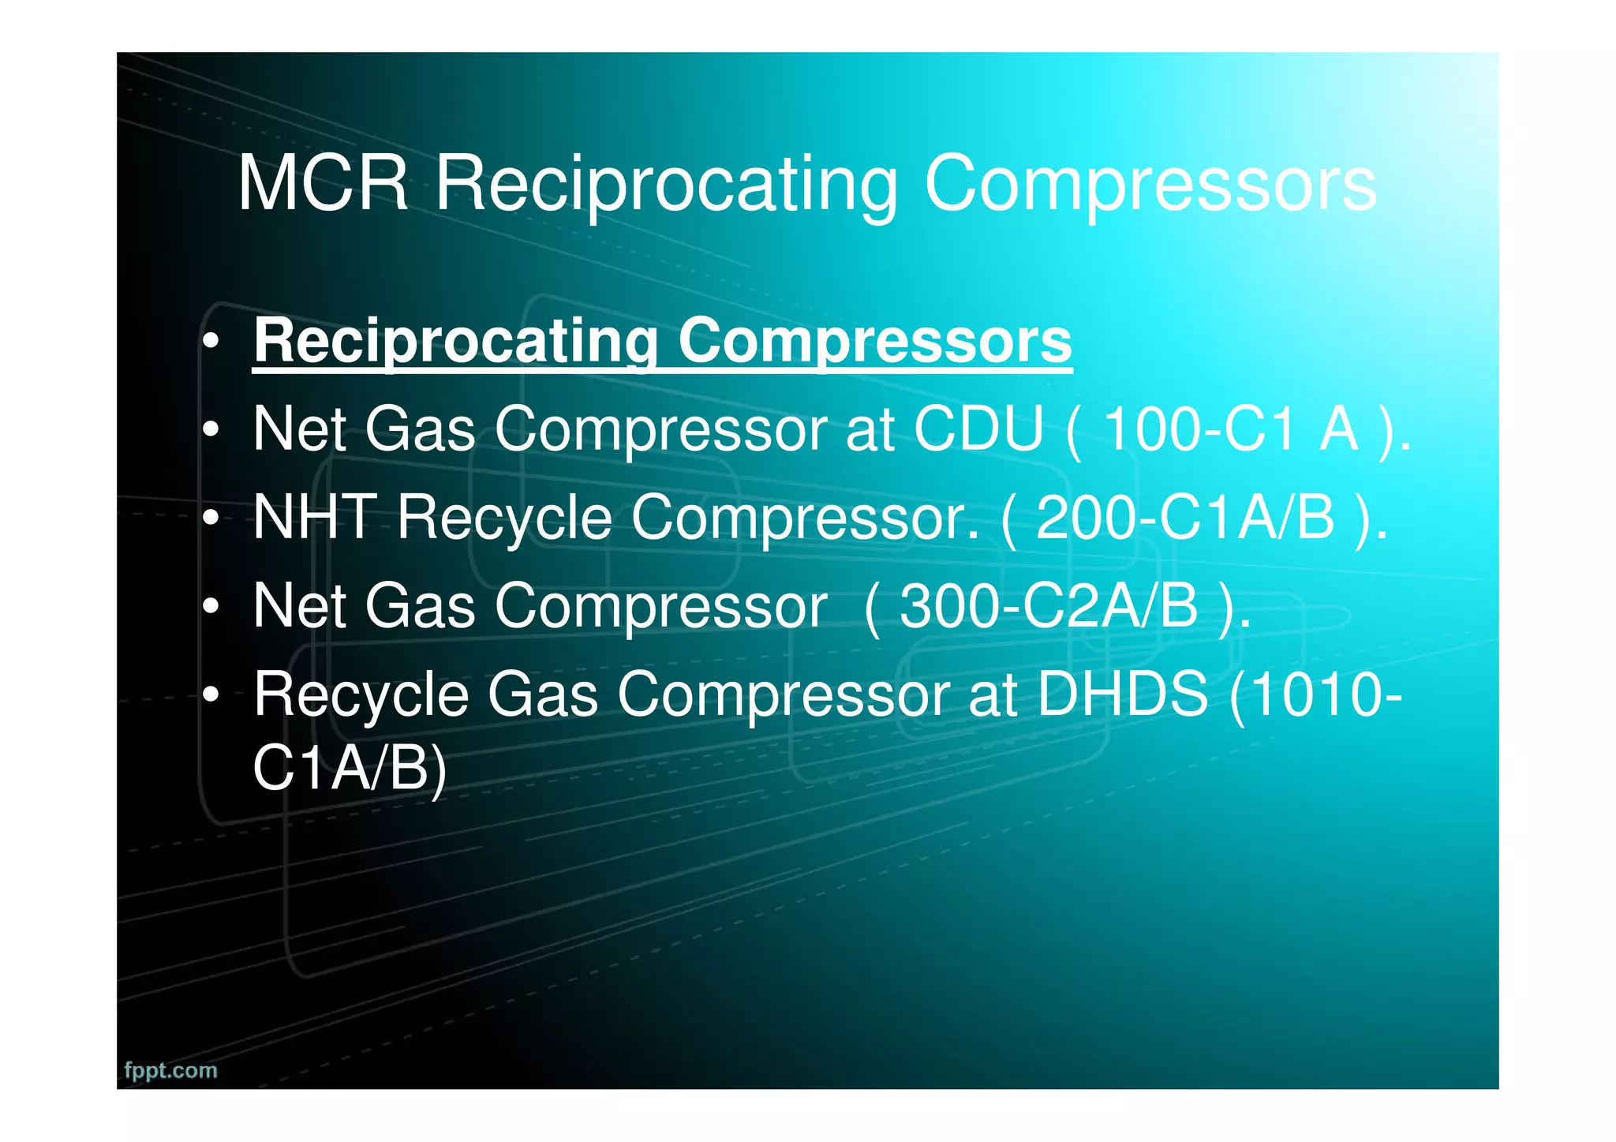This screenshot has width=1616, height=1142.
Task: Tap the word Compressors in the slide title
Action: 1150,185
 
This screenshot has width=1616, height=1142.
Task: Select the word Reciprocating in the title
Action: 666,185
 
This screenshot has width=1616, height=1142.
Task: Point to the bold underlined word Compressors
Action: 875,341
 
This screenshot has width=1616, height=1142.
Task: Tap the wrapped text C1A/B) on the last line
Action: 350,768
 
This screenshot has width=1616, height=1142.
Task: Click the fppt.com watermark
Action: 170,1071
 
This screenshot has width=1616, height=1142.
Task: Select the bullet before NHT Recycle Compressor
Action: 210,519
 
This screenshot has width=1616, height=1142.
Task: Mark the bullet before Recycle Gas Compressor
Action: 210,695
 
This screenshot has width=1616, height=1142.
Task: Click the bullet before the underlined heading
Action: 210,343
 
